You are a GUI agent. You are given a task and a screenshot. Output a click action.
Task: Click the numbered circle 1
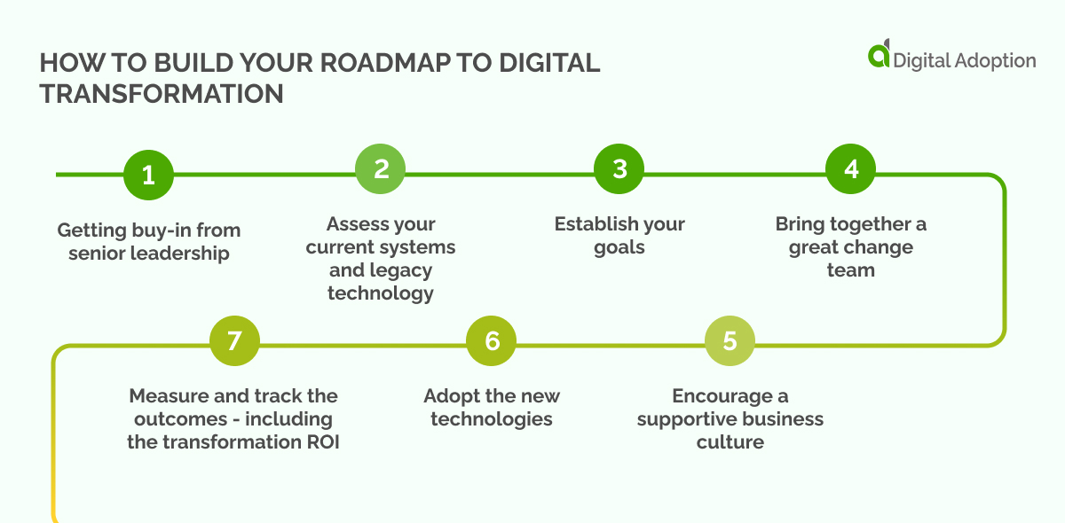pyautogui.click(x=148, y=175)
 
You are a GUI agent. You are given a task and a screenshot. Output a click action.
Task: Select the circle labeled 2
pyautogui.click(x=381, y=168)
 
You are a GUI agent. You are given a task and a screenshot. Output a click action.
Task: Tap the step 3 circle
pyautogui.click(x=619, y=168)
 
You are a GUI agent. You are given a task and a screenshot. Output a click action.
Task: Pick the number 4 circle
pyautogui.click(x=851, y=168)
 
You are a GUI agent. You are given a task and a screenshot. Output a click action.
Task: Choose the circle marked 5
pyautogui.click(x=730, y=341)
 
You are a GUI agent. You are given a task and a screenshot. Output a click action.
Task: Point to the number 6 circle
pyautogui.click(x=492, y=341)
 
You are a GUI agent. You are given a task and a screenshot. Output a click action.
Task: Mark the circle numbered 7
pyautogui.click(x=234, y=341)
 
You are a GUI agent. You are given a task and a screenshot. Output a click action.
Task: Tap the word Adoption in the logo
pyautogui.click(x=991, y=60)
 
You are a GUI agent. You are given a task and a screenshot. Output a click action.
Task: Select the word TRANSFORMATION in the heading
pyautogui.click(x=162, y=94)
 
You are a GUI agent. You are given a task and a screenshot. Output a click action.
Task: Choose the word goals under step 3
pyautogui.click(x=619, y=247)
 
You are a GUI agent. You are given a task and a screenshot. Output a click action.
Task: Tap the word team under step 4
pyautogui.click(x=850, y=270)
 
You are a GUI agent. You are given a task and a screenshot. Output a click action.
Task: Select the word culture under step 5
pyautogui.click(x=730, y=441)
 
